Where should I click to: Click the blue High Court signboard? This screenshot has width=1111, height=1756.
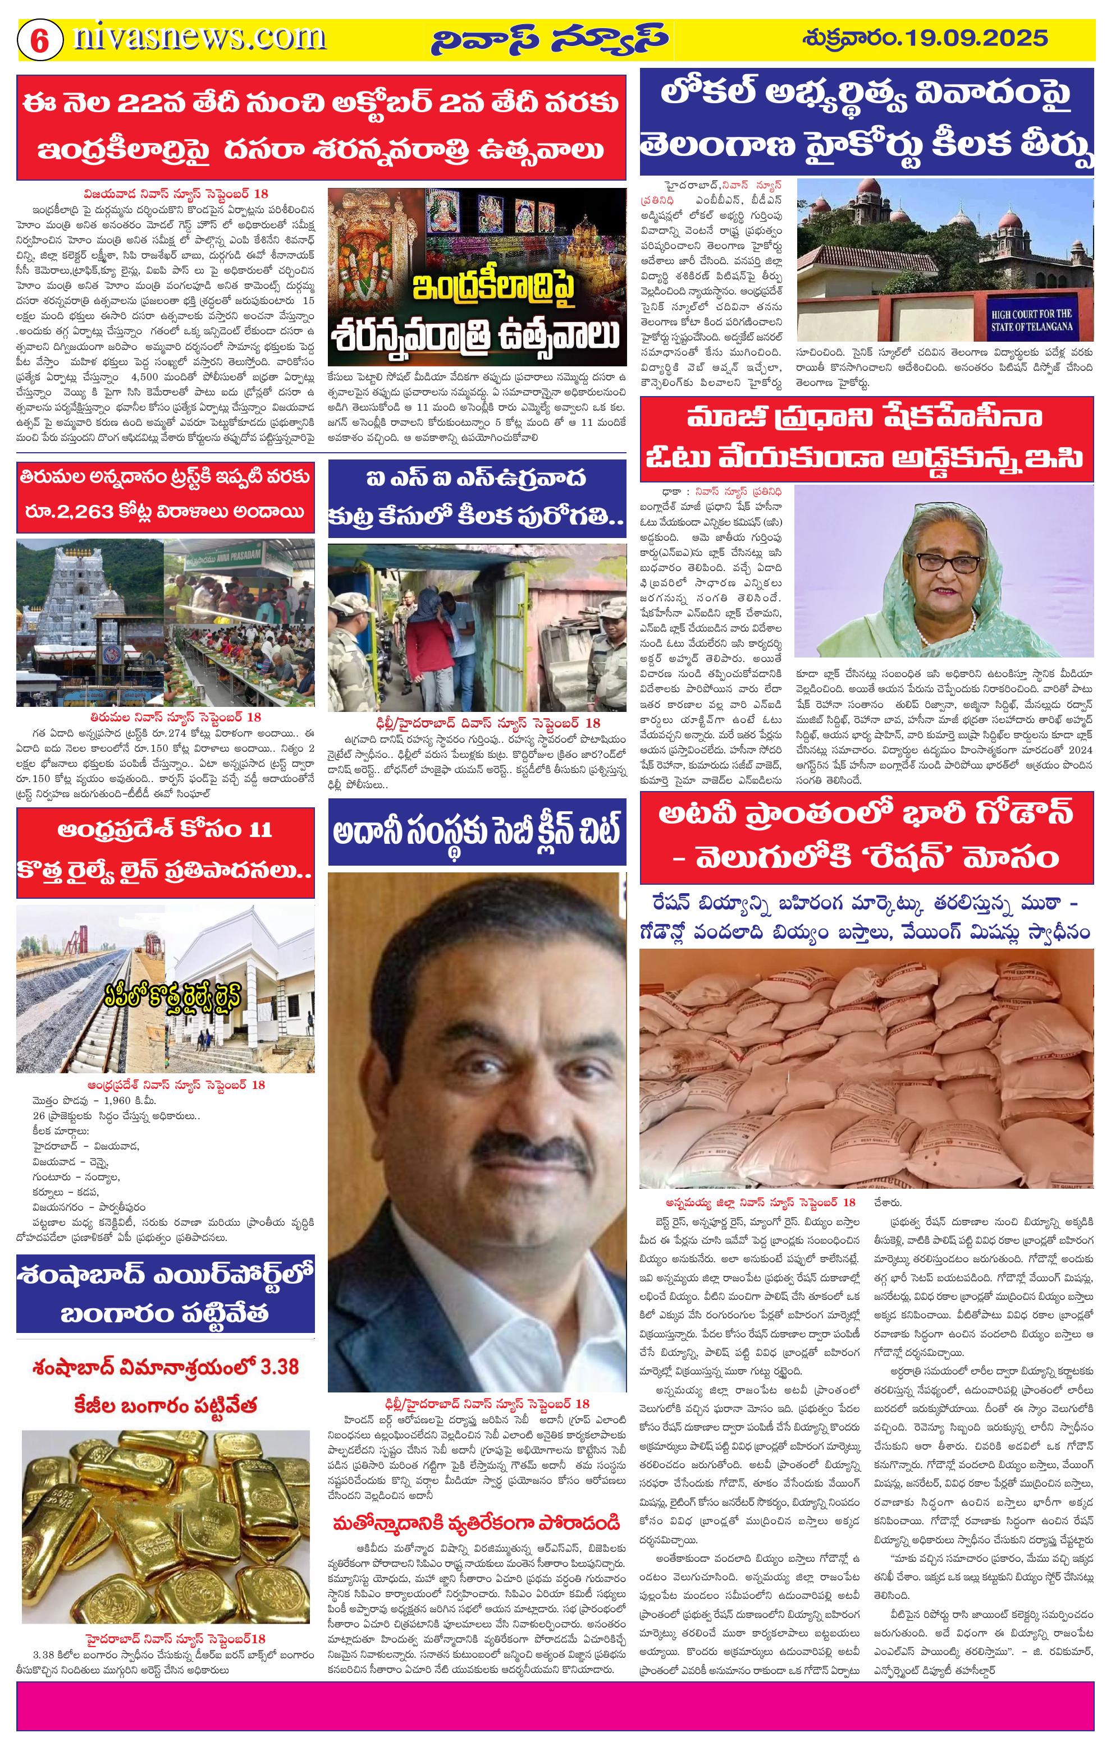click(x=1031, y=320)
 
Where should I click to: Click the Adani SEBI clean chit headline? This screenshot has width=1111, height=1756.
click(x=477, y=831)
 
